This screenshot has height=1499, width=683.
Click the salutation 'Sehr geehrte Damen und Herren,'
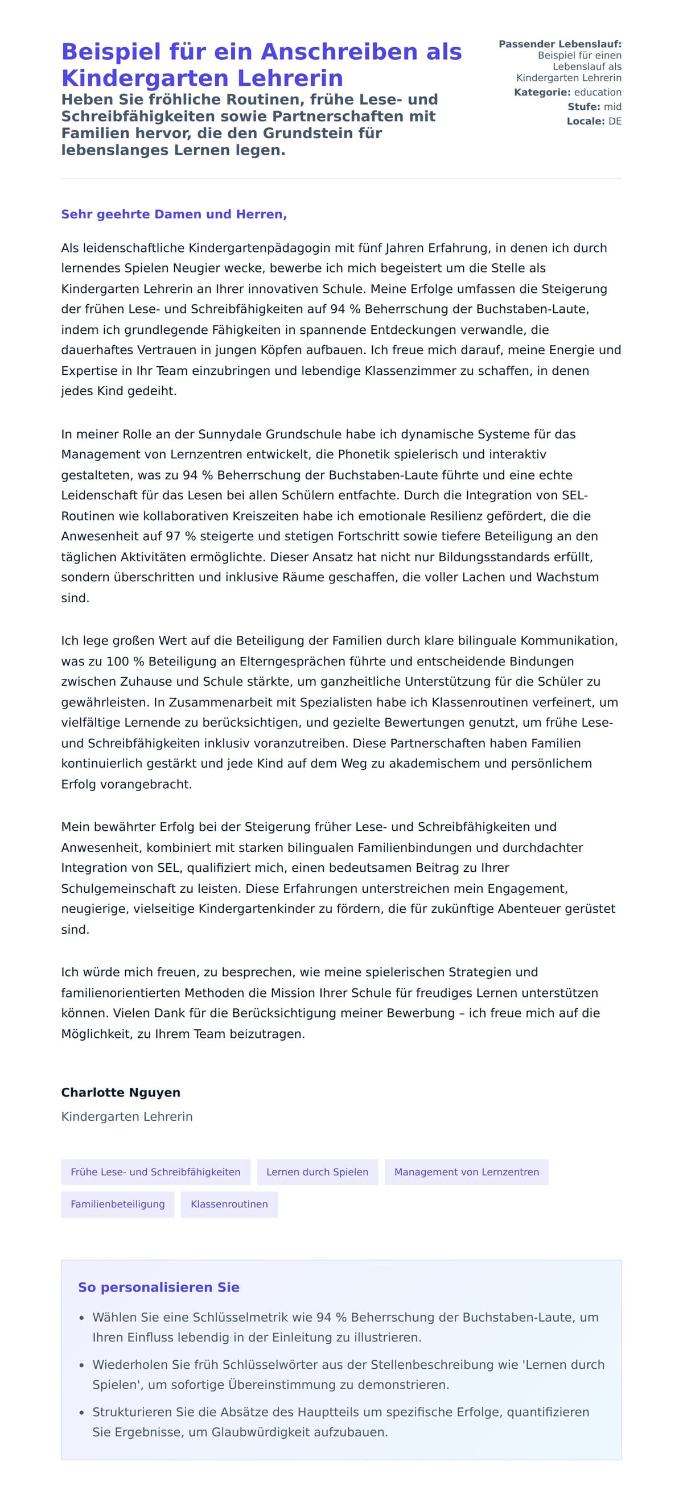tap(174, 214)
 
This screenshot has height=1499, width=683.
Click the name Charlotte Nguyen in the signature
tap(121, 1092)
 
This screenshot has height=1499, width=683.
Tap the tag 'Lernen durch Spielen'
tap(317, 1172)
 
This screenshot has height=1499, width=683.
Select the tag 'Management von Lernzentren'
tap(466, 1172)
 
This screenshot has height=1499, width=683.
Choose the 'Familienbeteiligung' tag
tap(118, 1204)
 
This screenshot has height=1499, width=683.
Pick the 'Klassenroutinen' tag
tap(229, 1204)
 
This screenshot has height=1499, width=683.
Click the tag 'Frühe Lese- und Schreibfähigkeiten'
tap(155, 1172)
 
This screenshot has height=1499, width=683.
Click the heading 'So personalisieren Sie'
tap(158, 1287)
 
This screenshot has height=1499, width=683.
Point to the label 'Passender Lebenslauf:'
tap(559, 44)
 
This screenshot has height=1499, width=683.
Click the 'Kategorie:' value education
tap(598, 93)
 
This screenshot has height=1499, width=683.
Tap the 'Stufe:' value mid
tap(612, 107)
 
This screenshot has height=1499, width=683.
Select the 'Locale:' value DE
tap(615, 122)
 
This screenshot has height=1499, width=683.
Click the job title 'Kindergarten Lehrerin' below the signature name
tap(126, 1117)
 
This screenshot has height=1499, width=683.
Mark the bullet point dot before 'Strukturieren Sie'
tap(81, 1413)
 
